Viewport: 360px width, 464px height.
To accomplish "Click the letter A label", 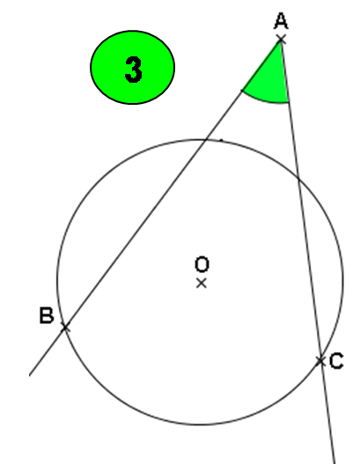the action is click(281, 21).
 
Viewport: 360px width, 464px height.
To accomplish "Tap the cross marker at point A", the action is click(281, 40).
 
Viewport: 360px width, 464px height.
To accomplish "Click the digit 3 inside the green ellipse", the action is click(133, 70).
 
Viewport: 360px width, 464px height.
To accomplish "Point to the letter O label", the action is click(202, 264).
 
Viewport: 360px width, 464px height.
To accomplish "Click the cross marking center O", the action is click(202, 284).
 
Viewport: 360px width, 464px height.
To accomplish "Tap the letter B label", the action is click(47, 315).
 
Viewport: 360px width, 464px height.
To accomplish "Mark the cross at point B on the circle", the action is click(65, 328).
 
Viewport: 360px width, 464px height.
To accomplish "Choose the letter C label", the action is click(336, 361).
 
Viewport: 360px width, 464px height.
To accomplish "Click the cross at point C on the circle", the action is click(320, 361).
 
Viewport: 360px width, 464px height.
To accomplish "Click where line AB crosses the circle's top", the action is click(206, 139).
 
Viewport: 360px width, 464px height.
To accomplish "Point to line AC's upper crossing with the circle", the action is click(298, 178).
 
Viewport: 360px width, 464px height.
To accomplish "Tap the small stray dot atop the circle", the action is click(221, 140).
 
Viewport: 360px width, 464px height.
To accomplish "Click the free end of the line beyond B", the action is click(30, 375).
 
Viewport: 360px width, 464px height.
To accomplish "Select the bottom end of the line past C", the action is click(334, 463).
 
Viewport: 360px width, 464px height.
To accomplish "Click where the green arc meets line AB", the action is click(242, 91).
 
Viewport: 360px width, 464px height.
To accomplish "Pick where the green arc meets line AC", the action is click(288, 102).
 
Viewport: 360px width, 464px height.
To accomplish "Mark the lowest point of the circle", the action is click(201, 424).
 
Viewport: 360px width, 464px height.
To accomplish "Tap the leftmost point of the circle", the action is click(57, 281).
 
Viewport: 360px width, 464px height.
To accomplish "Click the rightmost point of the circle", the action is click(343, 281).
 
